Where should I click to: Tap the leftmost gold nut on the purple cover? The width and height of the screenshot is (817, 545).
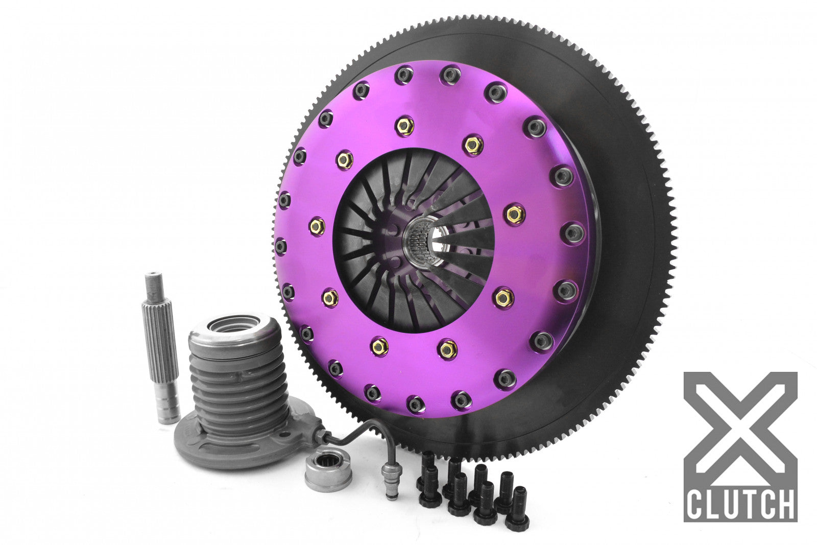(317, 226)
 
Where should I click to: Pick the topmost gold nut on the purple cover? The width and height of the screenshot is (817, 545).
(404, 125)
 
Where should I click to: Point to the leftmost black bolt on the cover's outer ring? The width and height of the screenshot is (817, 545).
(280, 247)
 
